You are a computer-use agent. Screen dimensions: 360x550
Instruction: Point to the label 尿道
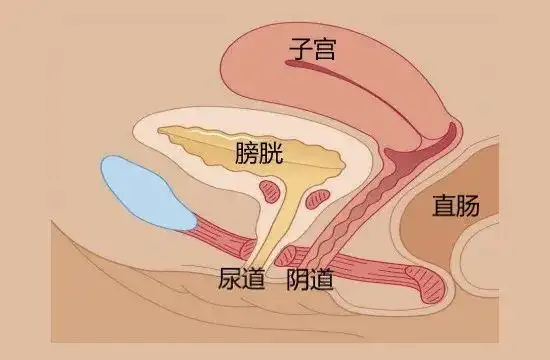[x=241, y=278]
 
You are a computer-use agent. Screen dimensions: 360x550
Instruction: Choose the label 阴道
[x=310, y=278]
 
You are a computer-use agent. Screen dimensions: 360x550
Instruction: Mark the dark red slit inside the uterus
[x=330, y=69]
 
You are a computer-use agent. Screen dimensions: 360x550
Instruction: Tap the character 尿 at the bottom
[x=229, y=278]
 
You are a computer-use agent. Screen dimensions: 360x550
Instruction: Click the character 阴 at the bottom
[x=297, y=278]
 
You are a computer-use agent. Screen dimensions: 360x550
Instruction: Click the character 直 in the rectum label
[x=443, y=206]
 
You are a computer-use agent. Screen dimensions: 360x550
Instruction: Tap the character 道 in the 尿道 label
[x=254, y=278]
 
